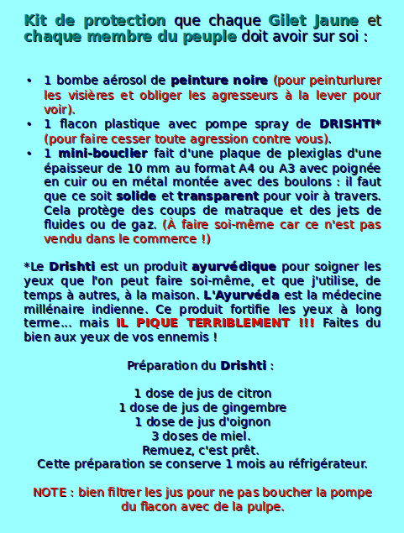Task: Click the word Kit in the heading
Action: point(38,20)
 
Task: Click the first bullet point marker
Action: point(29,81)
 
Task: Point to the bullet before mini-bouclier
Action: point(29,154)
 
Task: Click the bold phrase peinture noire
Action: point(220,81)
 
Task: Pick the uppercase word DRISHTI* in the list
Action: point(350,124)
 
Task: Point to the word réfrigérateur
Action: point(323,463)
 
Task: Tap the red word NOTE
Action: point(50,493)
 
